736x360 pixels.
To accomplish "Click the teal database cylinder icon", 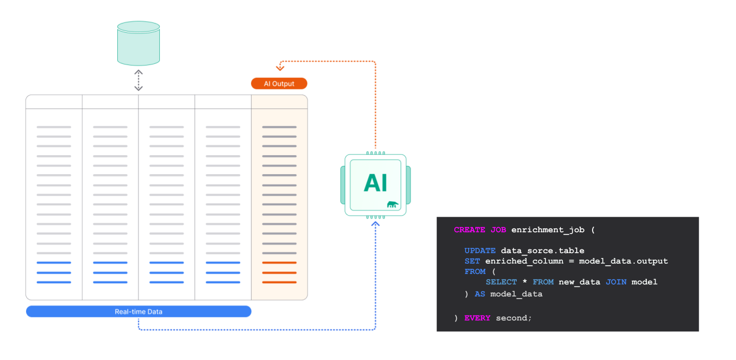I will [138, 43].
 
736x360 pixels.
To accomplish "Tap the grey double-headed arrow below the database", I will [138, 80].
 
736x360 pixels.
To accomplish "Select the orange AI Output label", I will [279, 83].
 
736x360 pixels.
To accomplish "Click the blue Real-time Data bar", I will [138, 311].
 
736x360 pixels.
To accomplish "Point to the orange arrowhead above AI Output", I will [280, 67].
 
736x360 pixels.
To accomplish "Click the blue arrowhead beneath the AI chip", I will [376, 224].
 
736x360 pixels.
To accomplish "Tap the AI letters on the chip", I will [375, 183].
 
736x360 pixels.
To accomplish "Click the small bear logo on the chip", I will [393, 205].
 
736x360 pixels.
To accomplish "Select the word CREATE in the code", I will [469, 230].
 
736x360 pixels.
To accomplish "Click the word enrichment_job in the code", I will [548, 230].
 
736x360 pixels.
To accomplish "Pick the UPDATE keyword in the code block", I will [479, 251].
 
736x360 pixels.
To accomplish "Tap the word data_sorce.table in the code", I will [542, 251].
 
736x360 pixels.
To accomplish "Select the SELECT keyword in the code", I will [501, 282].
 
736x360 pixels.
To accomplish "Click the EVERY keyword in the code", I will [477, 318].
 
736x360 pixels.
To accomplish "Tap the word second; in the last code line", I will [514, 318].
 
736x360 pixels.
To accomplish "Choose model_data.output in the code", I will [623, 261].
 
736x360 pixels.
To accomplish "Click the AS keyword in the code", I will [479, 294].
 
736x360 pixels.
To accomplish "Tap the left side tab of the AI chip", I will [342, 184].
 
